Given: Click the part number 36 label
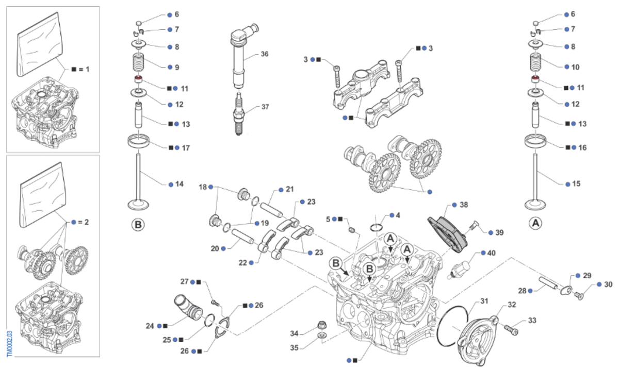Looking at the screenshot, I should tap(265, 54).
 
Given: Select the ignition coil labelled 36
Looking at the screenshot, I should tap(238, 57).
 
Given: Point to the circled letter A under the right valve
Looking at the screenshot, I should tap(536, 224).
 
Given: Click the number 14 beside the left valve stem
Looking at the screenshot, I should tap(180, 184).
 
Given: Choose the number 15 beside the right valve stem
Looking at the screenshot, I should tap(576, 183).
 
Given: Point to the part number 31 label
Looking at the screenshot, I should tap(483, 301).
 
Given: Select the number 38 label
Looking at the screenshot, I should tap(464, 205).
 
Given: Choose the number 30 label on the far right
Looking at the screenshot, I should tap(608, 284).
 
